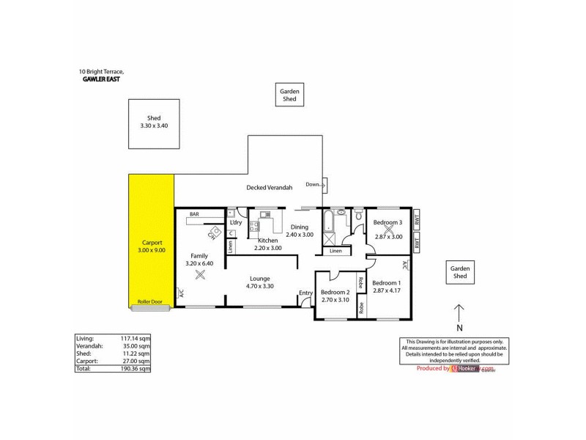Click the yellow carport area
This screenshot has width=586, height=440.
[x=152, y=242]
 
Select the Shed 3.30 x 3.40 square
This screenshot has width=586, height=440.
[x=154, y=122]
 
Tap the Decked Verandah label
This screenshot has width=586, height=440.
[x=269, y=188]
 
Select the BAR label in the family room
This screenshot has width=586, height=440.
[x=194, y=214]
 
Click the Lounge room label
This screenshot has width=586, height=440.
[x=260, y=279]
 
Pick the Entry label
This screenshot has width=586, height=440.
[x=305, y=294]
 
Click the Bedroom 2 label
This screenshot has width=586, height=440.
[x=335, y=292]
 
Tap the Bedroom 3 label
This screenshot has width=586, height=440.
[x=388, y=222]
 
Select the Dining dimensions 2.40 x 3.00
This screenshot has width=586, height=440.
[x=300, y=235]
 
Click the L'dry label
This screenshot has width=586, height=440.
[x=236, y=222]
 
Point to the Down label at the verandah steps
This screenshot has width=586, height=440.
[x=313, y=184]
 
